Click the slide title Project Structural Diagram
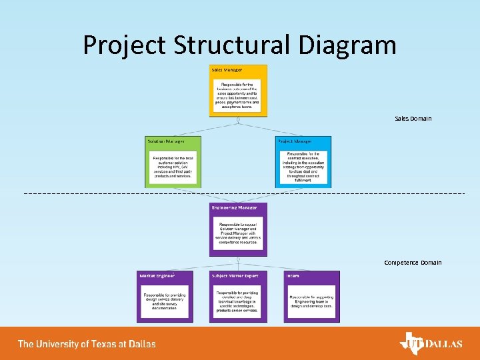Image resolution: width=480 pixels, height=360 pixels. [239, 45]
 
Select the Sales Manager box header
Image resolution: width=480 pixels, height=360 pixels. [227, 70]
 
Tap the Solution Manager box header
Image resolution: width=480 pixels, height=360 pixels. [166, 141]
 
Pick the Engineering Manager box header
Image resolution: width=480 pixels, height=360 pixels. [234, 208]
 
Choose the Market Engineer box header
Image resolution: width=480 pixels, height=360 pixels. [157, 275]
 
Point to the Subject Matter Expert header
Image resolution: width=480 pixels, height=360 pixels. [235, 275]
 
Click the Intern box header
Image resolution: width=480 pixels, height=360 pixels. [293, 275]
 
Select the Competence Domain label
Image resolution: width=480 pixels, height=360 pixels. [412, 263]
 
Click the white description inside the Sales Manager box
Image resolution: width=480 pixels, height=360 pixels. [238, 95]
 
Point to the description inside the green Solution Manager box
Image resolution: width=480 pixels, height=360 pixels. [173, 167]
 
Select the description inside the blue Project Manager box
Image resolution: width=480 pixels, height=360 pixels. [303, 167]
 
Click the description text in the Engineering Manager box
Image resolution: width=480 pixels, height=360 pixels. [238, 233]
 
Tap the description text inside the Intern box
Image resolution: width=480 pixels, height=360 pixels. [311, 302]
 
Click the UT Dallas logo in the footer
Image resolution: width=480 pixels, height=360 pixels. [430, 343]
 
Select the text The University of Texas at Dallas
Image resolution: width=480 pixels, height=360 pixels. [87, 344]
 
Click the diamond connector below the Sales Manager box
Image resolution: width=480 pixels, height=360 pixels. [238, 120]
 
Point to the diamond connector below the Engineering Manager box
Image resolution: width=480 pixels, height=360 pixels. [238, 259]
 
